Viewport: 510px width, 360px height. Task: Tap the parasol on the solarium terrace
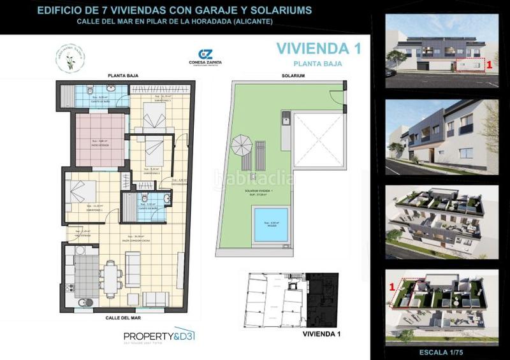click(x=241, y=145)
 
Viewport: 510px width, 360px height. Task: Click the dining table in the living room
click(x=112, y=278)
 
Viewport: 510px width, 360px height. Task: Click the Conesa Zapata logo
click(x=205, y=58)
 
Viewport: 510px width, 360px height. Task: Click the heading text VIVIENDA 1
click(x=313, y=48)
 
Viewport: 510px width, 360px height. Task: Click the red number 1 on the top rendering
click(x=488, y=64)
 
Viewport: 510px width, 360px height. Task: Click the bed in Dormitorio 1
click(x=81, y=192)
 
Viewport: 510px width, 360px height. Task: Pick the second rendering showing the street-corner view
click(x=442, y=135)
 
